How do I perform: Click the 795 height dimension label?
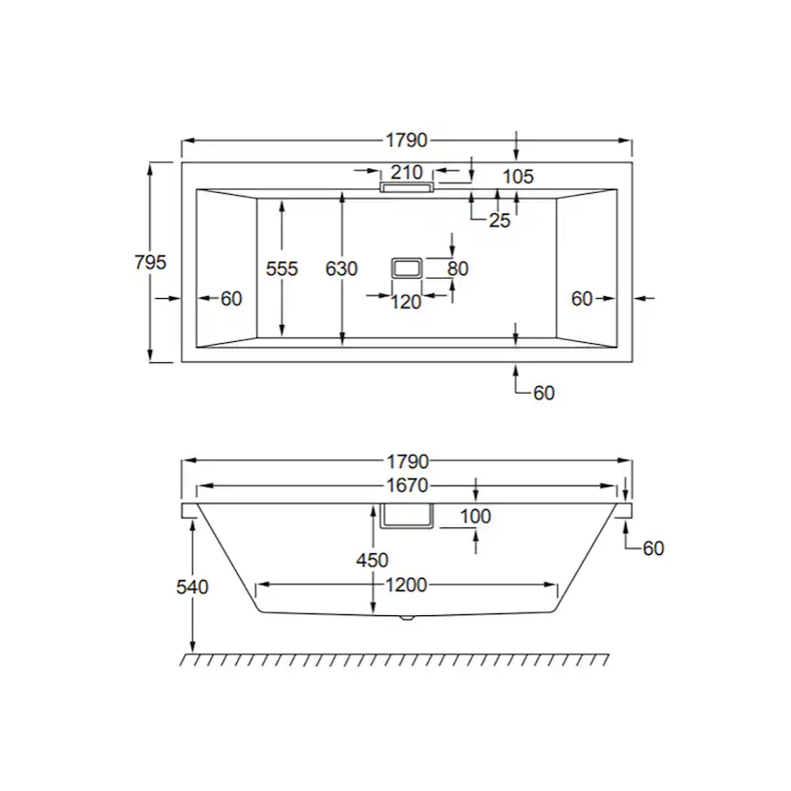pos(150,263)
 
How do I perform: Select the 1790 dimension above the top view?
pos(407,139)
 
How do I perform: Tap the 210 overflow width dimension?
pos(407,172)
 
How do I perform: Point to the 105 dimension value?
pos(518,176)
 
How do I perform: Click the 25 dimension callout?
pos(500,221)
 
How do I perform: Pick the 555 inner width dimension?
pos(282,268)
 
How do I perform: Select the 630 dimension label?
pos(341,268)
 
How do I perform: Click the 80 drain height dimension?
pos(458,268)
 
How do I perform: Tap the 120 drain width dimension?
pos(406,302)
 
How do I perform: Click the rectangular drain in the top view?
pos(407,267)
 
